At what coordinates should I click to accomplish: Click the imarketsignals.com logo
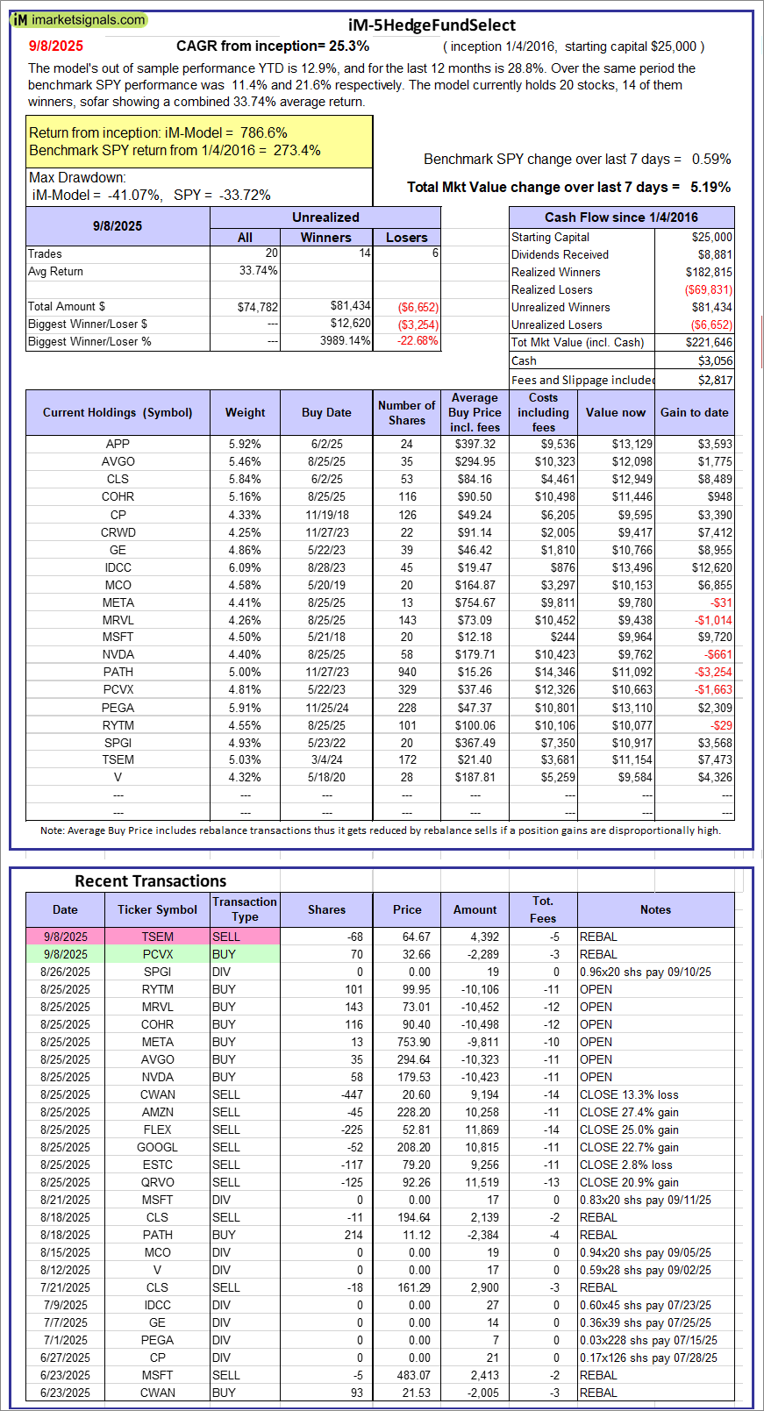79,19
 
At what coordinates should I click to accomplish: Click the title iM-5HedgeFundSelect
431,25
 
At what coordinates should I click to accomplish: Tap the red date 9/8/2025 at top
56,46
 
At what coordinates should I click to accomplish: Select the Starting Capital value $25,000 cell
711,237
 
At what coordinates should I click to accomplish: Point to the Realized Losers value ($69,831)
708,289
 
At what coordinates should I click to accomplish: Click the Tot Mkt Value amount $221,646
708,342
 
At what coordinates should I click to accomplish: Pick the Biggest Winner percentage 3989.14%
345,341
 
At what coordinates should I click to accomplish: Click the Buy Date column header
326,412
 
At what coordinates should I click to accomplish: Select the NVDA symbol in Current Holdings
118,654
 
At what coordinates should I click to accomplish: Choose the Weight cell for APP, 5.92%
245,444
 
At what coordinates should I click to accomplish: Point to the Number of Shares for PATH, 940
407,672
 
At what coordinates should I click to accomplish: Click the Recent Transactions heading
150,881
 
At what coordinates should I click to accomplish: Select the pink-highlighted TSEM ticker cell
158,937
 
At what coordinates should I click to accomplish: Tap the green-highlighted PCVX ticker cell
158,954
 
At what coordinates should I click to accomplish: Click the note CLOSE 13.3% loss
629,1094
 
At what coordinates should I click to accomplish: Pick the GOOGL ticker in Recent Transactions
158,1147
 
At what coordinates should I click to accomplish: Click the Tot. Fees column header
543,909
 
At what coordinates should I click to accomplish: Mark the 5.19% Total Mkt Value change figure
710,187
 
